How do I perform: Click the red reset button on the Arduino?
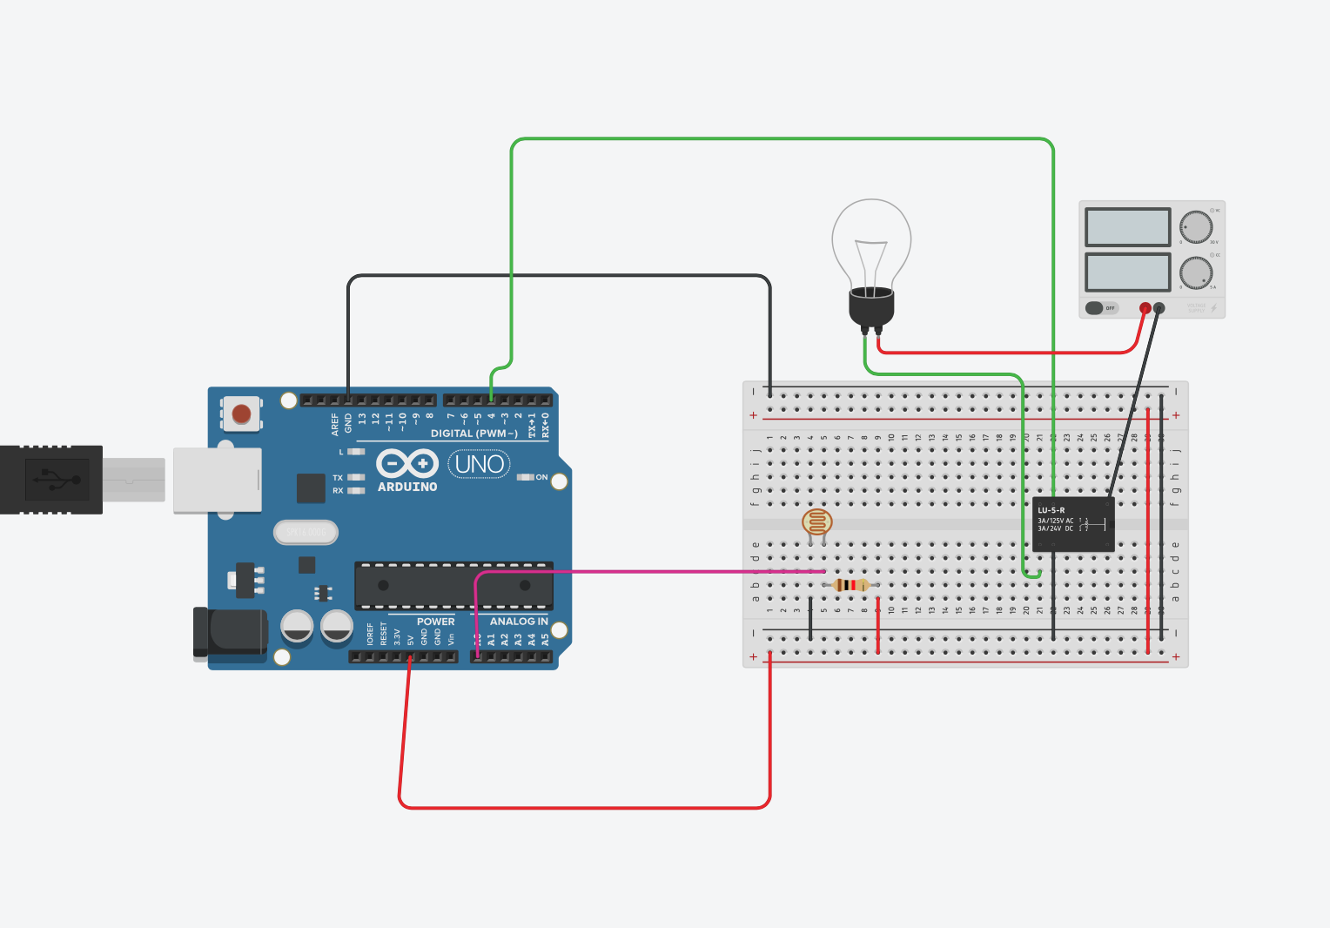coord(241,414)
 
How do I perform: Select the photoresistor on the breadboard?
coord(816,522)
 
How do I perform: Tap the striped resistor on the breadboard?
coord(850,585)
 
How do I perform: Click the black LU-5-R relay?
coord(1073,524)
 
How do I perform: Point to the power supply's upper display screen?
coord(1127,227)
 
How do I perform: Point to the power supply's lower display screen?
coord(1127,272)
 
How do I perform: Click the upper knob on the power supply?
coord(1196,227)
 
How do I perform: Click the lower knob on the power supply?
coord(1196,273)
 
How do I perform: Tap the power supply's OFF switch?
coord(1100,308)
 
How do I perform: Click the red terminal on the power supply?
coord(1145,308)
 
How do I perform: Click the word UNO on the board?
coord(479,464)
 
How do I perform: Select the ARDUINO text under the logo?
coord(407,488)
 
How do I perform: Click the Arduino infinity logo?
coord(406,463)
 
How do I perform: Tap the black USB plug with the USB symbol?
coord(52,480)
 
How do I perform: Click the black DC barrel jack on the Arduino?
coord(231,632)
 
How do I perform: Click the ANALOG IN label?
coord(519,622)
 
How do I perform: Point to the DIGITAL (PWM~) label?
coord(474,434)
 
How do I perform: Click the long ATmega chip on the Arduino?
coord(453,586)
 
